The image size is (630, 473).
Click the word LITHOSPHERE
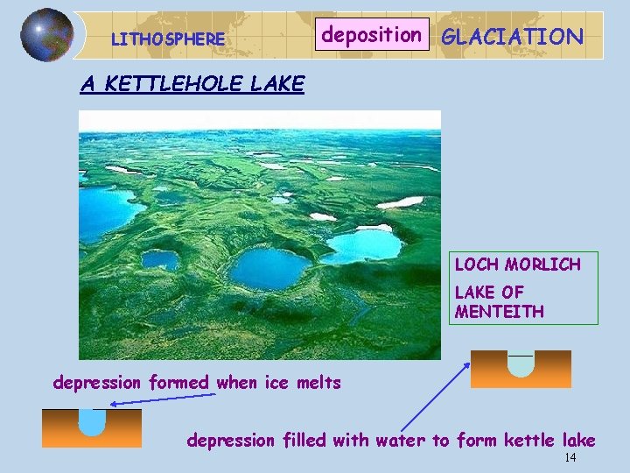pos(168,39)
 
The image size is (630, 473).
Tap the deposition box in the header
pos(372,35)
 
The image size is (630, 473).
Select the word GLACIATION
pos(512,37)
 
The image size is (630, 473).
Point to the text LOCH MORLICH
pos(517,265)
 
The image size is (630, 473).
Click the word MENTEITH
pos(499,312)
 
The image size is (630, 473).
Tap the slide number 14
pos(570,458)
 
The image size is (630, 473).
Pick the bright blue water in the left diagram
pos(91,421)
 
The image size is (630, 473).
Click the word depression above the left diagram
pos(96,383)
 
